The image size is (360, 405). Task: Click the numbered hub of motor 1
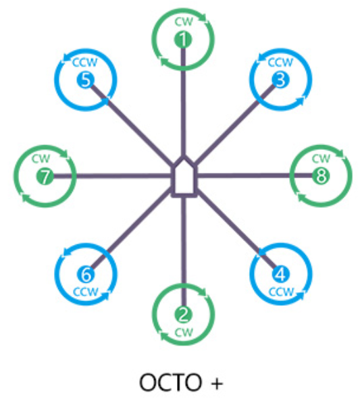click(183, 40)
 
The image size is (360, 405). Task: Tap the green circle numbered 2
click(183, 315)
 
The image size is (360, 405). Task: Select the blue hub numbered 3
click(281, 80)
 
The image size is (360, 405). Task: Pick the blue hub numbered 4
click(281, 274)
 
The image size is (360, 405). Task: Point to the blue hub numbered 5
click(86, 80)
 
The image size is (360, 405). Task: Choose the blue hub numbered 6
click(86, 274)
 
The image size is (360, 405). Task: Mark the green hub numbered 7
click(45, 177)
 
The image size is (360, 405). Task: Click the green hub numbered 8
click(322, 176)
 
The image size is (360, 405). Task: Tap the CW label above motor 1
click(184, 22)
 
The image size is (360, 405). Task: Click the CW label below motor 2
click(184, 332)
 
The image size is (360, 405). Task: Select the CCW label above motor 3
click(281, 63)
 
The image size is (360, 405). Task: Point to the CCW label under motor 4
click(282, 292)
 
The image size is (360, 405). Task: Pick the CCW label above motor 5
click(85, 63)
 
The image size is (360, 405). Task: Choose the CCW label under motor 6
click(86, 292)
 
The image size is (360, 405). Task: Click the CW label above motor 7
click(41, 159)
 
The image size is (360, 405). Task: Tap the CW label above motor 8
click(321, 159)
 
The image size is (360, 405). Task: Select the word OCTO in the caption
click(171, 383)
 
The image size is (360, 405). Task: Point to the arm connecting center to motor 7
click(112, 176)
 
